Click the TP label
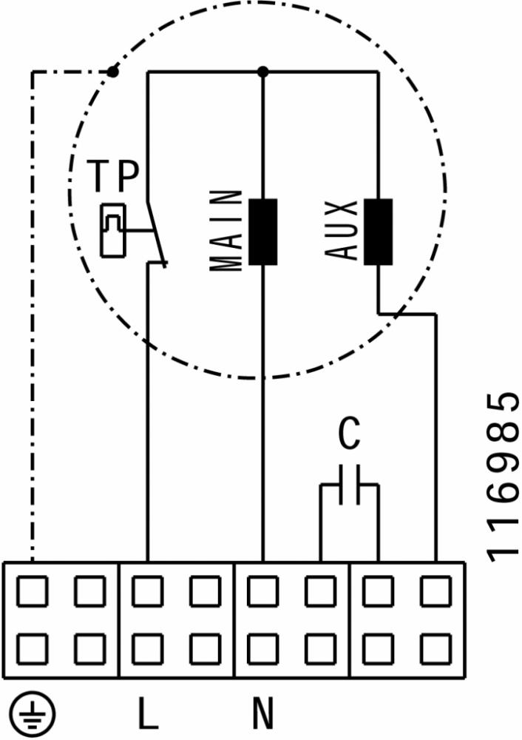tap(114, 176)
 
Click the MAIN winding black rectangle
tap(262, 232)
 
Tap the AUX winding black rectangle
tap(378, 232)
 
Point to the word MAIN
tap(226, 231)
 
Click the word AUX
tap(342, 230)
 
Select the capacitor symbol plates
tap(350, 485)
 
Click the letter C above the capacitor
tap(350, 433)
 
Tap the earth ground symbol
tap(33, 714)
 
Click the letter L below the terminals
tap(148, 713)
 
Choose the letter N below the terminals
tap(262, 713)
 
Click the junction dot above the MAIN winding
tap(263, 72)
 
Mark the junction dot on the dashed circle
tap(112, 72)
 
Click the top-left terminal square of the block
tap(32, 591)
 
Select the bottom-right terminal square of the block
tap(435, 649)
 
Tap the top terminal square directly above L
tap(148, 591)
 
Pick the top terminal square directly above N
tap(262, 591)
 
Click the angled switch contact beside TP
tap(157, 235)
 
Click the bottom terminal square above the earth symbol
tap(32, 649)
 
